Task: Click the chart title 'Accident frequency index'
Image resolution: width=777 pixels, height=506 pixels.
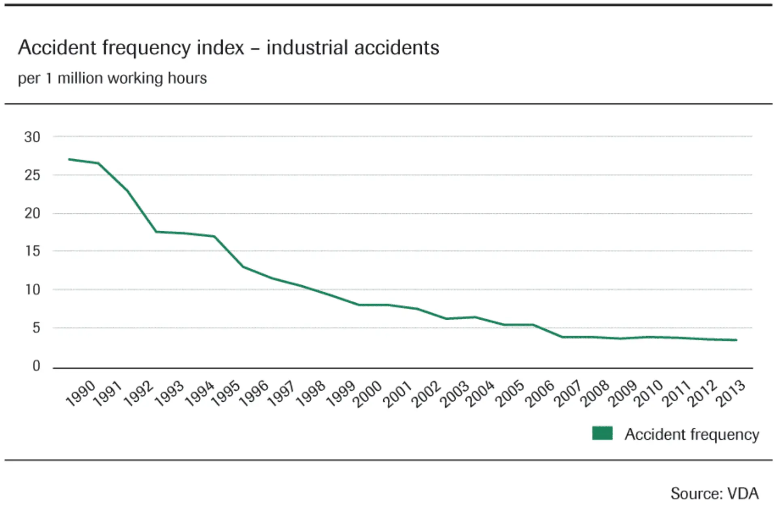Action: point(131,48)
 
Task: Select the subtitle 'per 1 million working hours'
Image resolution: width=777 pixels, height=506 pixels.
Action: point(112,78)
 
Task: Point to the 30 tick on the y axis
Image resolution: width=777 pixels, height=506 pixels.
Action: point(32,137)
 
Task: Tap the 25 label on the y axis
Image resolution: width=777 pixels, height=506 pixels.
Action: point(32,175)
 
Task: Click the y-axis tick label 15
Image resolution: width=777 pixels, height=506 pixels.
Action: point(32,251)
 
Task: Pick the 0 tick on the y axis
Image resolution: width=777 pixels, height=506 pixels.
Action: point(36,366)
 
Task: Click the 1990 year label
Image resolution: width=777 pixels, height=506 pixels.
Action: point(81,393)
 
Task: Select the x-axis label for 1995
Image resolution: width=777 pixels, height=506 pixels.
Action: point(226,393)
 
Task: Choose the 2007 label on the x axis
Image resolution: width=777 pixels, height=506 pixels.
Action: point(568,394)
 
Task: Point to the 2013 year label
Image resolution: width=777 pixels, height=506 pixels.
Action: point(730,393)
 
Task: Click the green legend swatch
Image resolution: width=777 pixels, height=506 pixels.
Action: point(602,433)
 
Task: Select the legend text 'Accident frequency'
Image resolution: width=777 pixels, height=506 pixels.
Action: point(692,434)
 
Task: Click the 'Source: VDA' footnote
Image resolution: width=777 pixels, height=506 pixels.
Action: point(714,493)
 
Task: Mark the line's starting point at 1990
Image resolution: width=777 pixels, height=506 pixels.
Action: point(69,159)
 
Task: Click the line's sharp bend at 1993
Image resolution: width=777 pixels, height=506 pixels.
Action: point(156,232)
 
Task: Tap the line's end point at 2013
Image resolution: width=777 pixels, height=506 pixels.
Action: point(736,340)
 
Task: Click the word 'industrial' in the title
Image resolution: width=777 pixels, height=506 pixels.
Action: point(307,48)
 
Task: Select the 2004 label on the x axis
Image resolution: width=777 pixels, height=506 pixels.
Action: point(480,394)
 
